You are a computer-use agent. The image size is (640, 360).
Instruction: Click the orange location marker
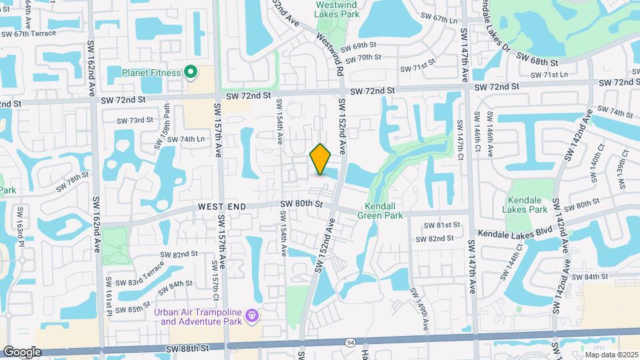(321, 159)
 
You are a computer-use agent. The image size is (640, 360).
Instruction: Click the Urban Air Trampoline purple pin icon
(252, 314)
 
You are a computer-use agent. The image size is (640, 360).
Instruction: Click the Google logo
(22, 352)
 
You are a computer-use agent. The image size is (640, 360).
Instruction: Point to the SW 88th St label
(188, 348)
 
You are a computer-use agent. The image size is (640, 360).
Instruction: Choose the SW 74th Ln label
(186, 139)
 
